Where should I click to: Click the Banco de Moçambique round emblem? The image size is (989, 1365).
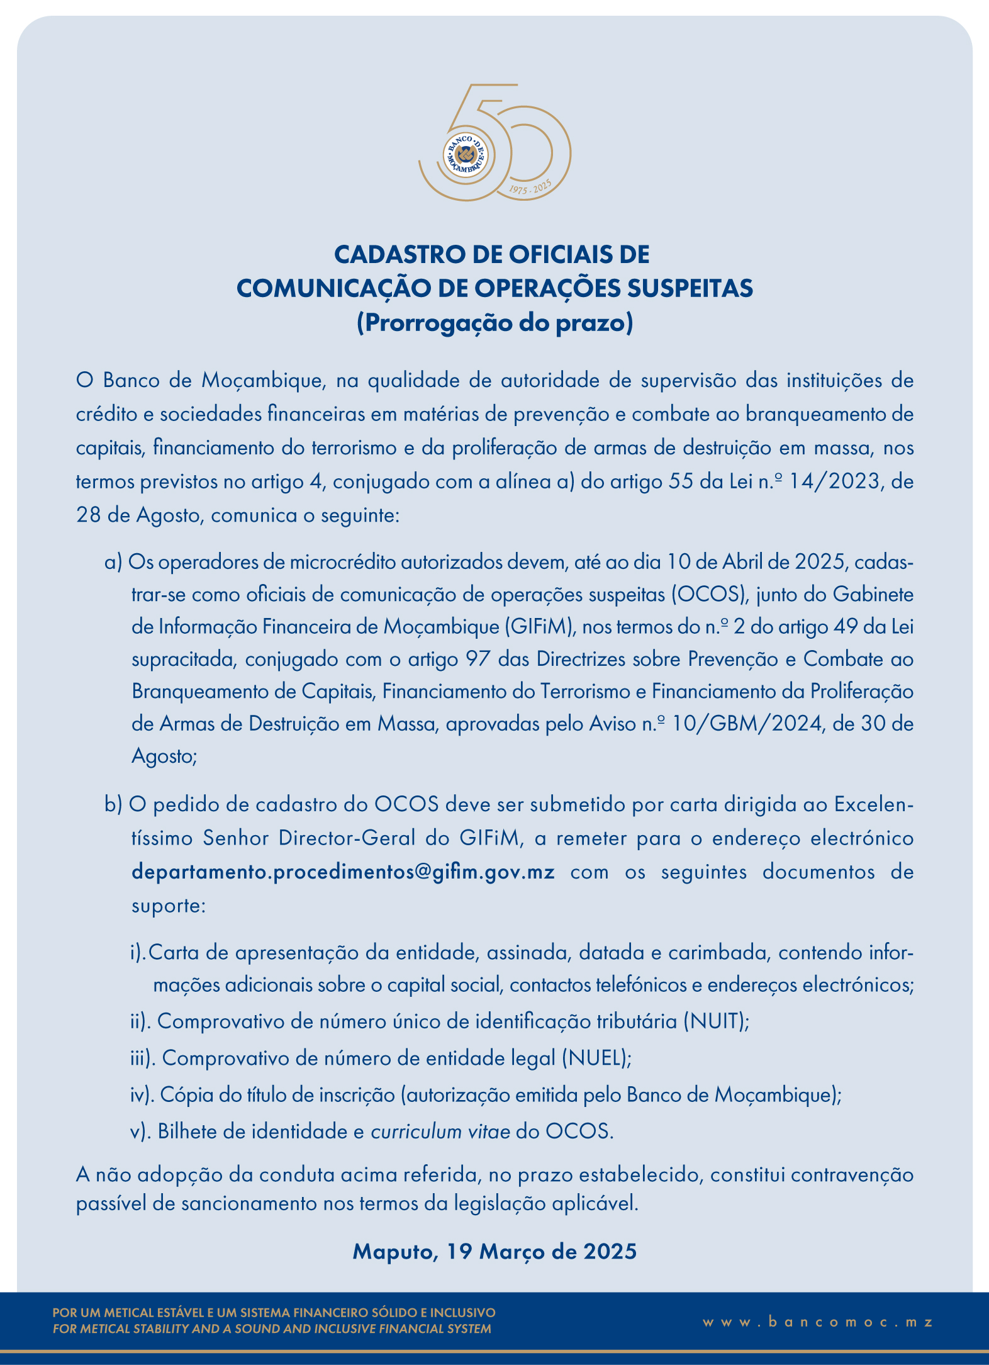[x=466, y=155]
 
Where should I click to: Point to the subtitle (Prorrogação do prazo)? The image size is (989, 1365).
[x=494, y=323]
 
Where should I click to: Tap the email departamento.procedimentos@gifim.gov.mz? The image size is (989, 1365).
[x=343, y=872]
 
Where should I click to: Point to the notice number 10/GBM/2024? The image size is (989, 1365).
[x=747, y=724]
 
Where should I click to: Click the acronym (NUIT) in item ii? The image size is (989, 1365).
[x=716, y=1021]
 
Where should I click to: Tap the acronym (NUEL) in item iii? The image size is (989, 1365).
[x=596, y=1058]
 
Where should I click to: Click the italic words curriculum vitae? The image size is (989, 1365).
[x=440, y=1132]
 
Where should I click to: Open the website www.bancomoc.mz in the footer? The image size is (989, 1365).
[x=818, y=1322]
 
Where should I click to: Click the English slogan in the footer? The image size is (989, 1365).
[x=272, y=1329]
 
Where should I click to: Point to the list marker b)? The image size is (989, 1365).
[x=113, y=805]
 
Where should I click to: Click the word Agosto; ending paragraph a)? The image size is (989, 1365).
[x=164, y=756]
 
